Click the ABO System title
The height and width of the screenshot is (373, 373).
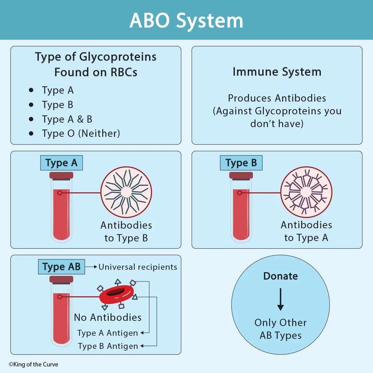tap(186, 20)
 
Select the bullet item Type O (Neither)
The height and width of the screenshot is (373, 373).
tap(81, 133)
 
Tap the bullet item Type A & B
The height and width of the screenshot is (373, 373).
tap(67, 119)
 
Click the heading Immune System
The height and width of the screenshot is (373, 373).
tap(277, 72)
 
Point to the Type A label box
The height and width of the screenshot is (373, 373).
tap(61, 163)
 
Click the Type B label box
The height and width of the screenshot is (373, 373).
tap(241, 163)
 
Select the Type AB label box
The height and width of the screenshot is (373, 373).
tap(61, 267)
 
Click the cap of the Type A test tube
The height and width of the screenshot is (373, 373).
tap(61, 176)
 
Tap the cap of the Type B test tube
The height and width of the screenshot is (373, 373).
tap(241, 176)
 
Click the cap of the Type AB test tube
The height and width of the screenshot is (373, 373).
tap(61, 279)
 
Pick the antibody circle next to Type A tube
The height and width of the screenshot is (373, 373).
tap(126, 192)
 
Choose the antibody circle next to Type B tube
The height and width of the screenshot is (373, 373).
tap(306, 192)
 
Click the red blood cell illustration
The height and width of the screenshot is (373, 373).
tap(117, 294)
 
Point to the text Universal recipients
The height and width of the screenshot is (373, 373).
tap(138, 267)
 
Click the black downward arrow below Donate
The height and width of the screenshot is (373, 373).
tap(280, 299)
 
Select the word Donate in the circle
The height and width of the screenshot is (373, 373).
tap(280, 276)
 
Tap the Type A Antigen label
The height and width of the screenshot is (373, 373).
tap(107, 333)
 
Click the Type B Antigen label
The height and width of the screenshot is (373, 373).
tap(108, 346)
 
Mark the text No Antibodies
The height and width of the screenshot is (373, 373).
tap(108, 317)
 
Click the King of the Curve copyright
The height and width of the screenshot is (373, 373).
tap(34, 364)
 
